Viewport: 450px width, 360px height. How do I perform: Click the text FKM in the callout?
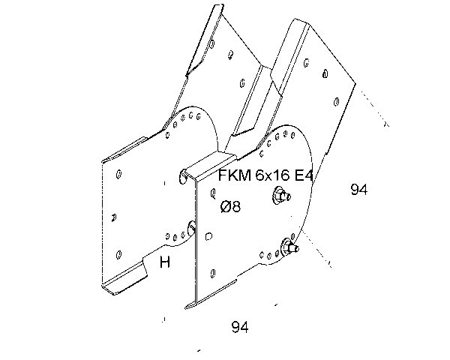click(231, 176)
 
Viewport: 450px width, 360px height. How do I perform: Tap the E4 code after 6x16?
click(303, 176)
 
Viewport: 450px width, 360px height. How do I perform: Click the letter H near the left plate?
click(165, 262)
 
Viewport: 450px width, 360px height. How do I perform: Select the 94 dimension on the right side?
click(359, 190)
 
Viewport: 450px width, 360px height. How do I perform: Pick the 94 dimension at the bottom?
click(240, 327)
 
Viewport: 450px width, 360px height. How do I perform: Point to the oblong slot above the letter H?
click(190, 226)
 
